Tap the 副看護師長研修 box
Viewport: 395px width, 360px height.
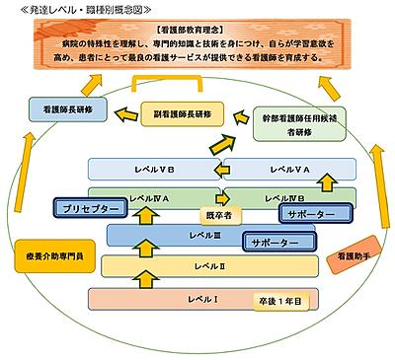tap(185, 111)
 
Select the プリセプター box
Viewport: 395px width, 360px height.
tap(90, 211)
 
